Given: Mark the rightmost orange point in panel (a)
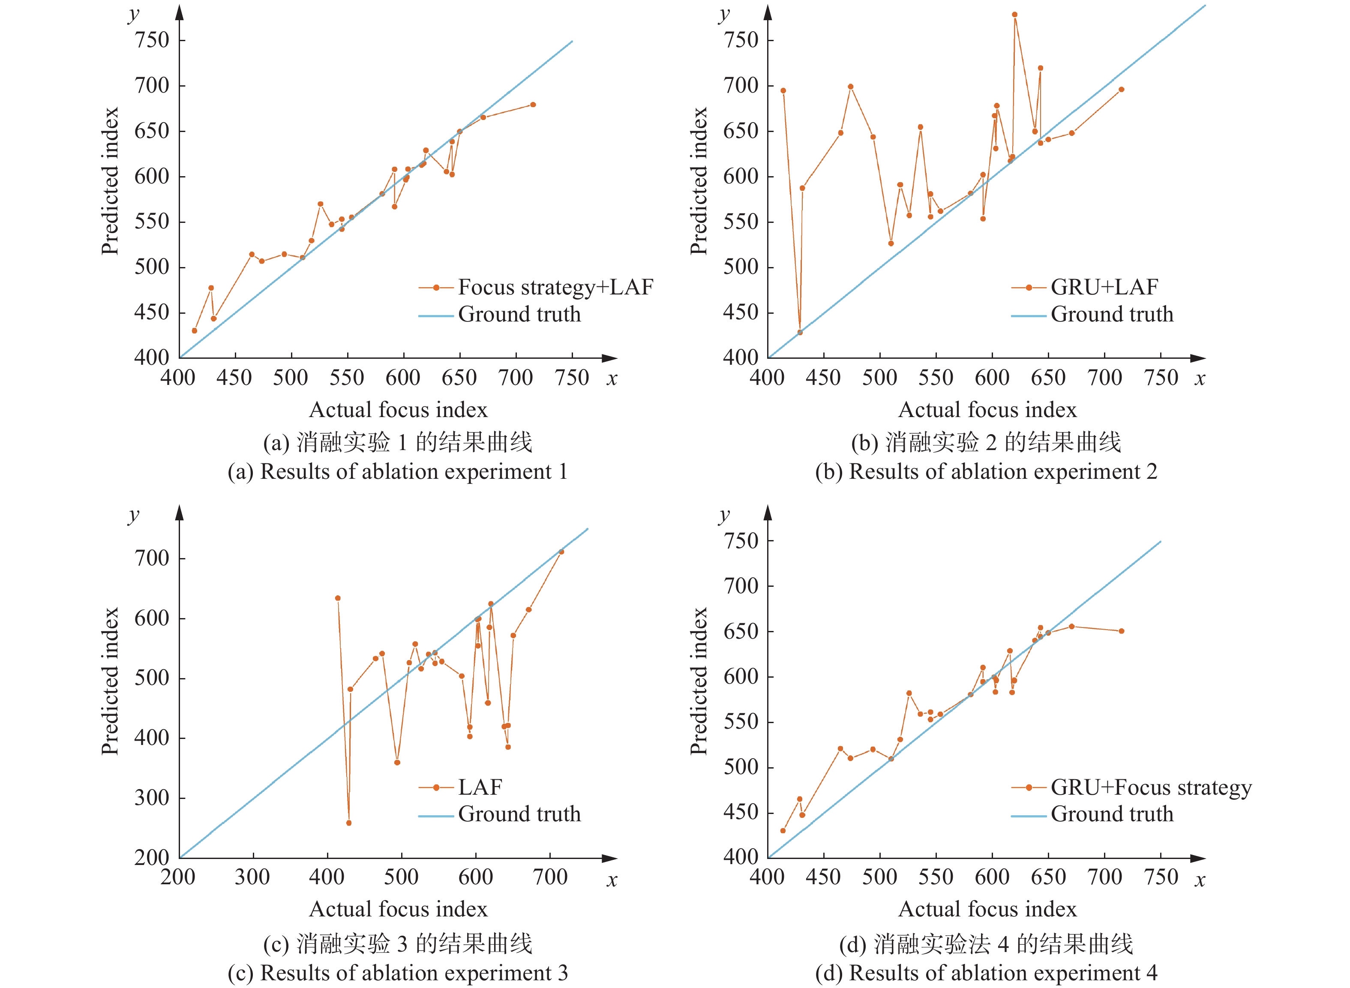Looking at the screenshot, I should pos(533,105).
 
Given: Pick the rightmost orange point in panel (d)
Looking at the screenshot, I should pos(1122,631).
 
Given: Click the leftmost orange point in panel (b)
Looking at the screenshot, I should pos(783,91).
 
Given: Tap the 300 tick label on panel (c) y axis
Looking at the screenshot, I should pos(152,798).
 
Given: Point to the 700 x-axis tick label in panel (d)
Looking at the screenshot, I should pos(1105,877).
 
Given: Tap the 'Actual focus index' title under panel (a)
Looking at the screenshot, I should pos(398,410).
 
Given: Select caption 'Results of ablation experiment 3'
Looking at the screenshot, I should pos(398,973).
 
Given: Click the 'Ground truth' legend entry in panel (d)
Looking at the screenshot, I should pos(1112,814).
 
